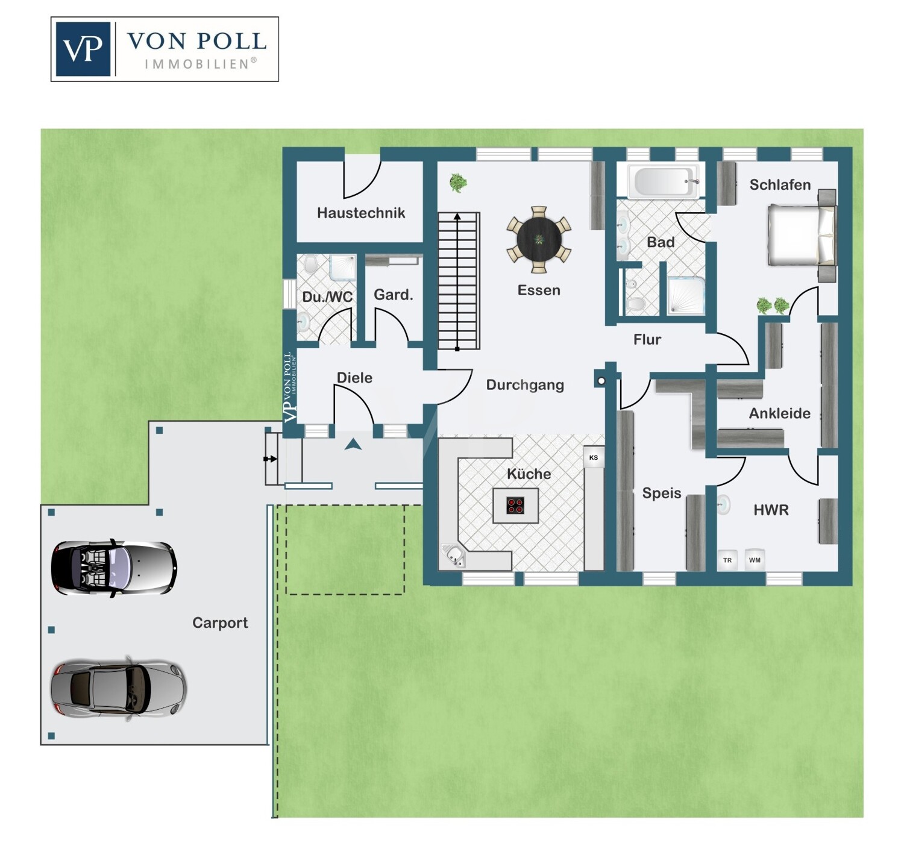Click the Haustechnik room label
pos(361,213)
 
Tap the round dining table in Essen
pos(539,239)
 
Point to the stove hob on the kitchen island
pos(515,506)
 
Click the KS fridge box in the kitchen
pos(594,457)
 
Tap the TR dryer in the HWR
pos(727,560)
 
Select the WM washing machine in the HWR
pos(755,560)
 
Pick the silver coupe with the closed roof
pos(118,688)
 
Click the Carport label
pos(220,623)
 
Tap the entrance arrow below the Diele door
pos(353,444)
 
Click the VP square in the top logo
pos(83,49)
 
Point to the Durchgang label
pos(525,385)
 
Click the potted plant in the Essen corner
pos(458,183)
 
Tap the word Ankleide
pos(780,413)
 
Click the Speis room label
pos(661,493)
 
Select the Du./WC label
pos(327,297)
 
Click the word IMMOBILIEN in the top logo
pos(196,64)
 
